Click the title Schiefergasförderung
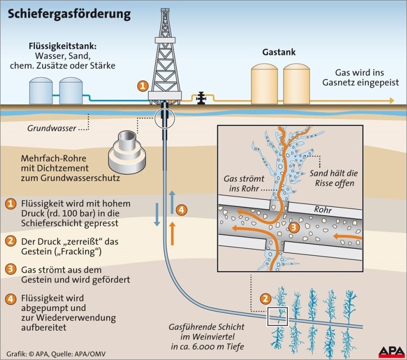(x=69, y=14)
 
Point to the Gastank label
(x=279, y=52)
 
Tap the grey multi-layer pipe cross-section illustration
(x=126, y=148)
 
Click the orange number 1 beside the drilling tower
(x=143, y=86)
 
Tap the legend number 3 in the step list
(x=10, y=270)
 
